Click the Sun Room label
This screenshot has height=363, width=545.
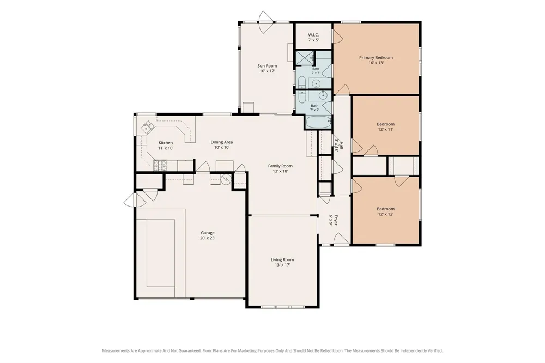click(267, 66)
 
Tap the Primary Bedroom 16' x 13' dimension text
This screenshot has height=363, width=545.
click(376, 63)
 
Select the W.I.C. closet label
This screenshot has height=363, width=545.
click(313, 35)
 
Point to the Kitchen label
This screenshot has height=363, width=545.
click(166, 143)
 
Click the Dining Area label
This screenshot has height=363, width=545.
click(222, 142)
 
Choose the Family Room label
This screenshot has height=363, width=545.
click(280, 166)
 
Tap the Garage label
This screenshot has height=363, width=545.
click(208, 233)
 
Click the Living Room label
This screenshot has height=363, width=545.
click(282, 259)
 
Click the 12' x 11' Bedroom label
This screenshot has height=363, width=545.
click(385, 126)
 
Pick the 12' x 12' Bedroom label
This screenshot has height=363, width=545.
click(385, 211)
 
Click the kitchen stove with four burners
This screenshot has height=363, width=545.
click(160, 165)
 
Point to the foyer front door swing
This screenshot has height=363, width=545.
click(342, 239)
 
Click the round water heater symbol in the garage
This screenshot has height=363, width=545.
click(226, 179)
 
